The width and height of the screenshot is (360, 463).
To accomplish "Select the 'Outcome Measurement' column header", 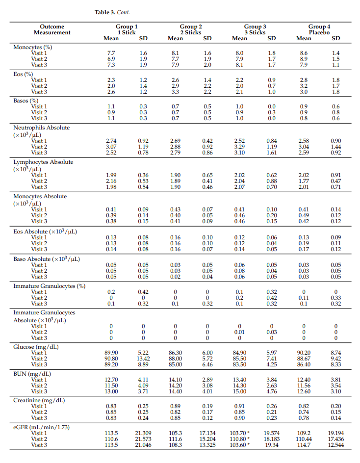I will pyautogui.click(x=52, y=29).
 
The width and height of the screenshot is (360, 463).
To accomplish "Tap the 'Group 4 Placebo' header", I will pyautogui.click(x=319, y=29).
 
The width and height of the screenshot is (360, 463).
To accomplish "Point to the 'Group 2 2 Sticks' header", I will pyautogui.click(x=191, y=29).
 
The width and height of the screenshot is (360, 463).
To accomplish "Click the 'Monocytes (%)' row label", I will pyautogui.click(x=32, y=47).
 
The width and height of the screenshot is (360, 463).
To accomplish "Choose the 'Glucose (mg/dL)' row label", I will pyautogui.click(x=36, y=347).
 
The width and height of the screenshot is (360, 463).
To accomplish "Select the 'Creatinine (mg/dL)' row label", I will pyautogui.click(x=39, y=400).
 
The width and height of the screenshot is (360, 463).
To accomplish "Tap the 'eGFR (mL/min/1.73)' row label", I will pyautogui.click(x=41, y=427).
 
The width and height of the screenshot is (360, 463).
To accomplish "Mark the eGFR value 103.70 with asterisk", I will pyautogui.click(x=241, y=433).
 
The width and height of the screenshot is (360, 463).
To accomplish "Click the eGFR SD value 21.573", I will pyautogui.click(x=143, y=439).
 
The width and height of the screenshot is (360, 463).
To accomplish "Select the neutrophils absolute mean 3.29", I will pyautogui.click(x=239, y=147).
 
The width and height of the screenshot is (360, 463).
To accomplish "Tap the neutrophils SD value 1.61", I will pyautogui.click(x=271, y=153).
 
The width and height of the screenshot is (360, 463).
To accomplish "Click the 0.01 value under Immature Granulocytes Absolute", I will pyautogui.click(x=239, y=332).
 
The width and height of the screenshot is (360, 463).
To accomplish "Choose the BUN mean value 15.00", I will pyautogui.click(x=239, y=391).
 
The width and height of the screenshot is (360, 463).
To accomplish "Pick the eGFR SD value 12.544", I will pyautogui.click(x=336, y=445).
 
